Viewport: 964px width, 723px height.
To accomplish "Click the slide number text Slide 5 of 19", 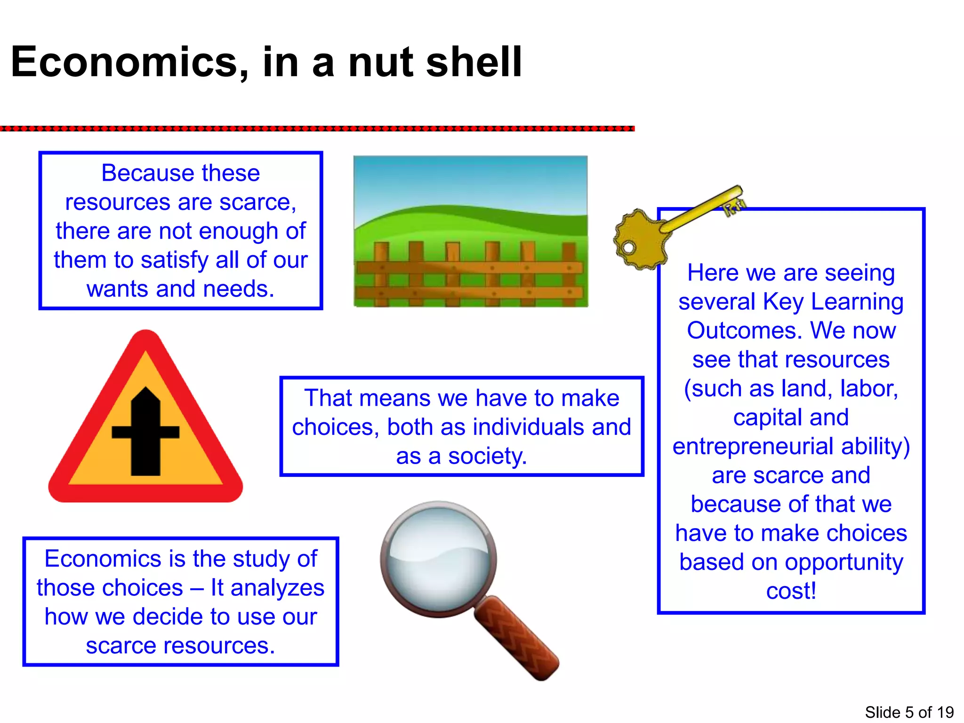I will click(909, 712).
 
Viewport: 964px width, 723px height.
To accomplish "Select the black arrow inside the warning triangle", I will click(145, 431).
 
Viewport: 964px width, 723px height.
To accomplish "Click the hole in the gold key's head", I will click(628, 247).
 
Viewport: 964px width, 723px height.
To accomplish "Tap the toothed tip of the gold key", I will click(734, 205).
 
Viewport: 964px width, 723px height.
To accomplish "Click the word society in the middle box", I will click(487, 456).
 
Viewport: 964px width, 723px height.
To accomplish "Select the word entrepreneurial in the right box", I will click(753, 446).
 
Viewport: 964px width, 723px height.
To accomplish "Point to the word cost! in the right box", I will click(791, 591).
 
